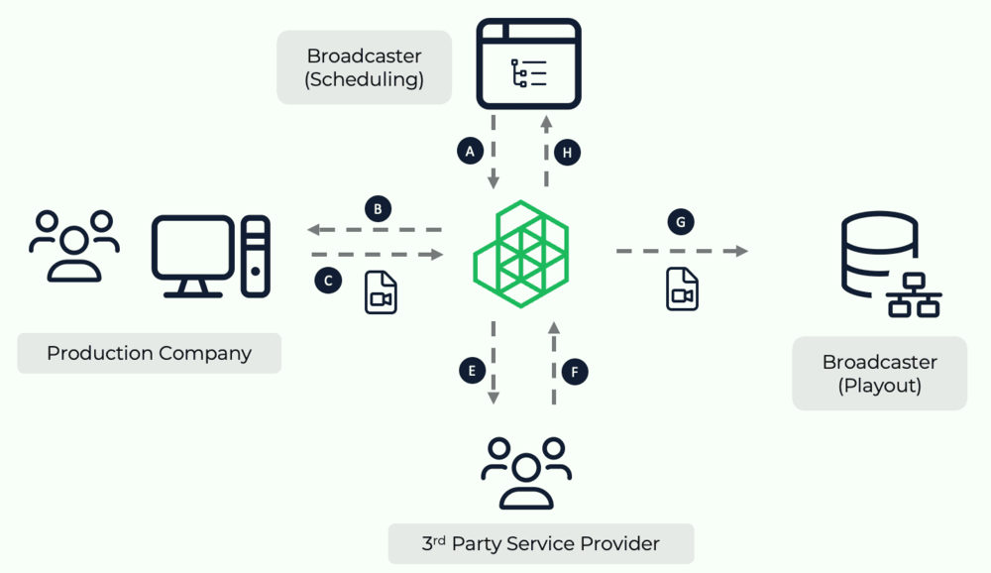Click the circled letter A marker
point(471,151)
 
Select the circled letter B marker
point(378,208)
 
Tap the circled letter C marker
point(328,281)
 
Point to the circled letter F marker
point(575,372)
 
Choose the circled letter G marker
point(681,222)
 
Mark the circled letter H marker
point(568,152)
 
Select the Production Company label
point(149,353)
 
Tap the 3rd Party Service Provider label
point(540,543)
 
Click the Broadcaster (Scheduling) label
point(365,67)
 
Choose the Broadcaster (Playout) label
point(879,374)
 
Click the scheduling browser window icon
point(528,62)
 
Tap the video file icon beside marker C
point(381,292)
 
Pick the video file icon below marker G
point(682,288)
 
